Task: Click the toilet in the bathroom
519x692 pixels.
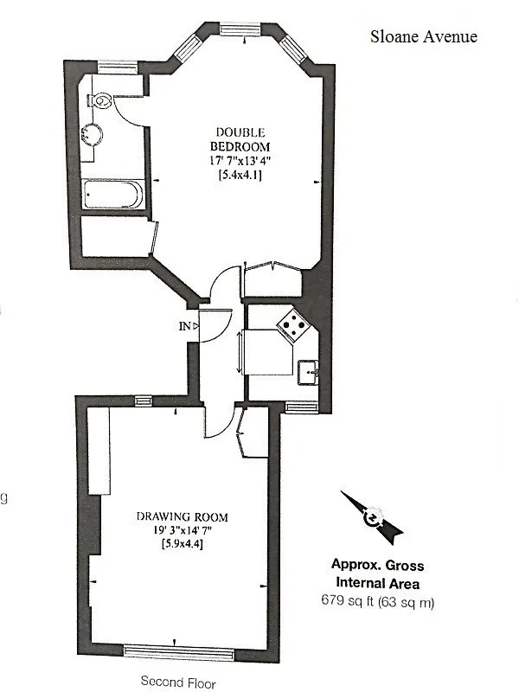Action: [100, 100]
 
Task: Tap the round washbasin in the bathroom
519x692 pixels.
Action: [92, 134]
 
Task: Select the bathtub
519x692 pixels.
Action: [113, 194]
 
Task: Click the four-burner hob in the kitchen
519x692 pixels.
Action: [293, 325]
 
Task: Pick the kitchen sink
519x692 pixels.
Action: [308, 373]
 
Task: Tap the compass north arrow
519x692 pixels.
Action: [372, 516]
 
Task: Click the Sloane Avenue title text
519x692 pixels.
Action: [424, 36]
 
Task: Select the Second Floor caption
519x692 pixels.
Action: [178, 682]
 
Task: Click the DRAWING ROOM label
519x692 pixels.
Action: [183, 516]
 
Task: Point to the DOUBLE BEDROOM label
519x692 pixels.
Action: [240, 139]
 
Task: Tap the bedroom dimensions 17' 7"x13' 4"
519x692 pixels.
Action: [240, 161]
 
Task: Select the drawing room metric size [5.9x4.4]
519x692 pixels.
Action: [183, 544]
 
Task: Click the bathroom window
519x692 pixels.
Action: [118, 67]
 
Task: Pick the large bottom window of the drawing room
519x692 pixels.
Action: [178, 652]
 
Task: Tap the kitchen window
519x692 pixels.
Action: [302, 407]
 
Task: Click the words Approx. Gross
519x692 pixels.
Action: [377, 565]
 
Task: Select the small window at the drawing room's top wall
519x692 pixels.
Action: [143, 400]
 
